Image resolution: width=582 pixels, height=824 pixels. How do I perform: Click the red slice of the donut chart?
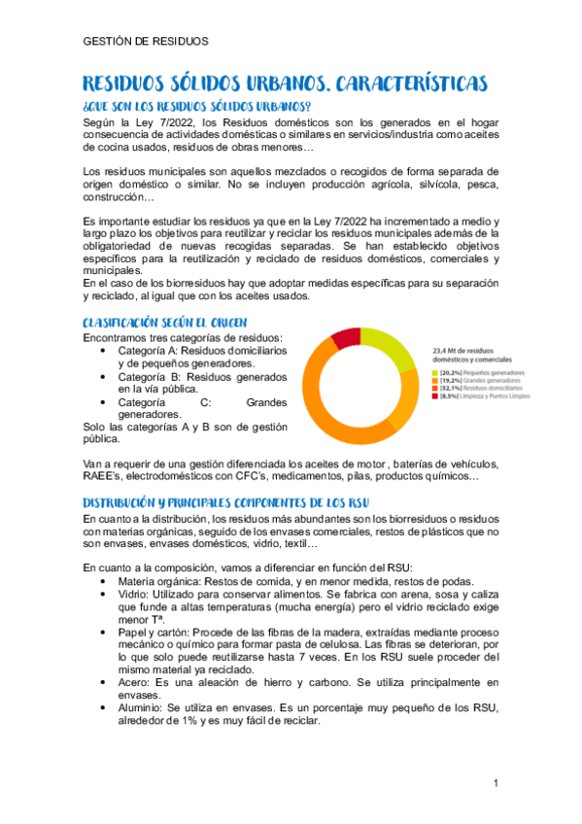point(346,339)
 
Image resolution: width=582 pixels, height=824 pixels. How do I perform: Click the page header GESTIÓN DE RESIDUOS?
point(146,42)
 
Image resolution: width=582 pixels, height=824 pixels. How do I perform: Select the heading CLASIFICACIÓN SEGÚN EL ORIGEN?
point(165,322)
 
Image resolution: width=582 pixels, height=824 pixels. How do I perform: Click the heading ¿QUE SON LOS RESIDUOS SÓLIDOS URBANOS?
point(197,105)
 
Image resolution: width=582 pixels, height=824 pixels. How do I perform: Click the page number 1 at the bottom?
point(495,783)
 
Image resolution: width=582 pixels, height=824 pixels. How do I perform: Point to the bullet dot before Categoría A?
point(104,350)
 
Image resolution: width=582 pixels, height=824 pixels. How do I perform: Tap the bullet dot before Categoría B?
point(104,376)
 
